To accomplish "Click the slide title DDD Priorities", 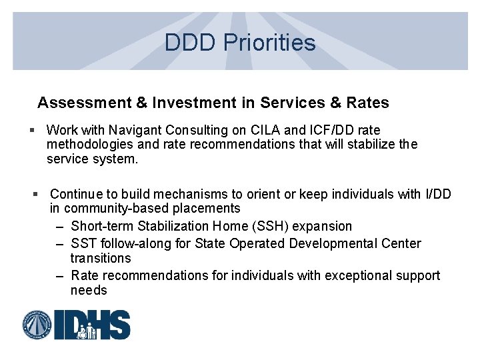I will point(240,43).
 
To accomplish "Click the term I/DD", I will point(437,194).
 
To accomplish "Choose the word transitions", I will point(101,258).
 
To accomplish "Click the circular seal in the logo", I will point(37,325).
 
